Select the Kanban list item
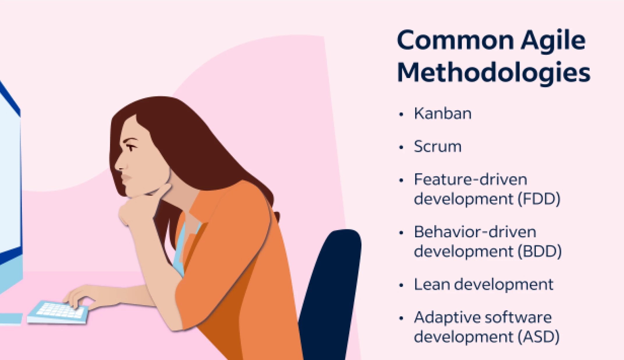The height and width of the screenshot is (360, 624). point(443,114)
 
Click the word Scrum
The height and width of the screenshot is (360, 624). point(438,146)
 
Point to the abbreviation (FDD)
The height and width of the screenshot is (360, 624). point(539,199)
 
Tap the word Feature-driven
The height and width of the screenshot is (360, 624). point(471,180)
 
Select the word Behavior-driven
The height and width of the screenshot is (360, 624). point(475,232)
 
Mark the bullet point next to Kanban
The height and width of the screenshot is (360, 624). point(401,114)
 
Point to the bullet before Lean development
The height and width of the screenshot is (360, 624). point(401,285)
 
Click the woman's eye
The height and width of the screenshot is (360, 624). point(131,147)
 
